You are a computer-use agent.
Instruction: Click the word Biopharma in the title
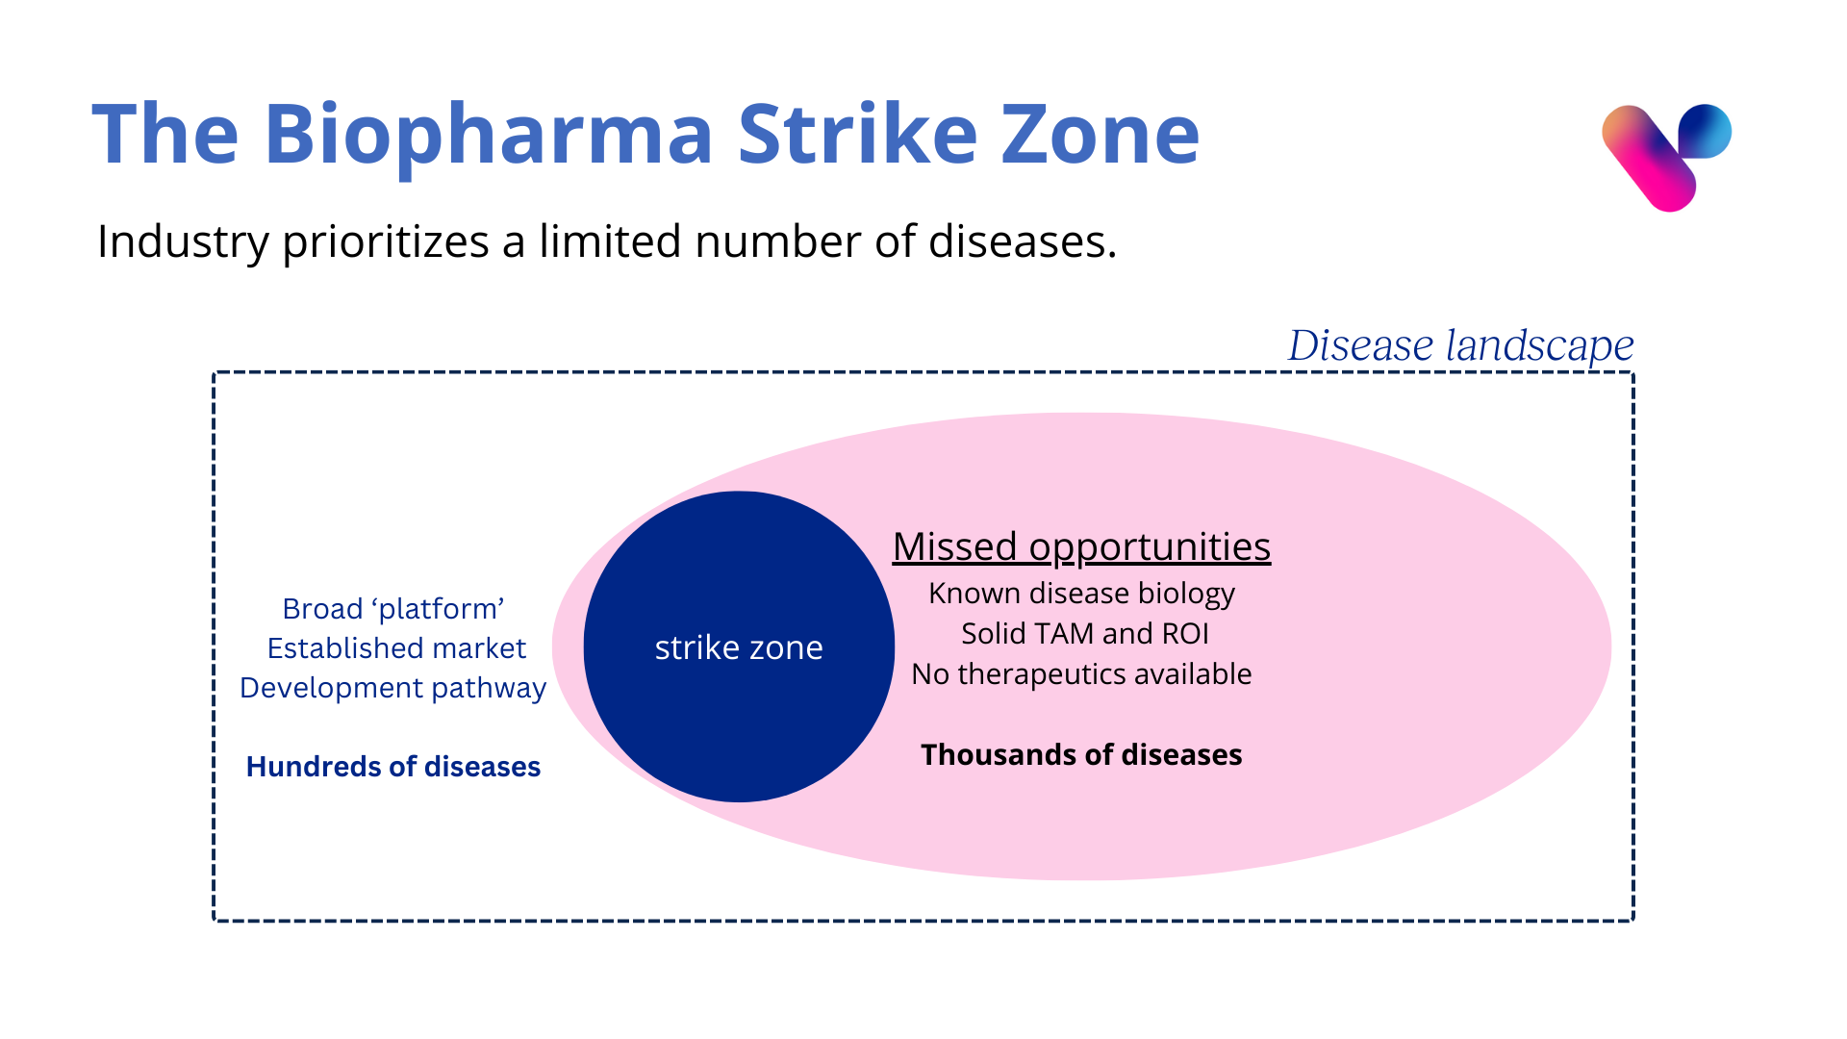pyautogui.click(x=488, y=136)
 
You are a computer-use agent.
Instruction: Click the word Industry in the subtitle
pyautogui.click(x=183, y=241)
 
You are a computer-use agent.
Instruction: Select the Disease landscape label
pyautogui.click(x=1461, y=345)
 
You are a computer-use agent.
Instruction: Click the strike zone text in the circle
pyautogui.click(x=739, y=647)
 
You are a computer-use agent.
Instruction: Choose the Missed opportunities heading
pyautogui.click(x=1081, y=546)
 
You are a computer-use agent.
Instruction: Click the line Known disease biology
pyautogui.click(x=1081, y=594)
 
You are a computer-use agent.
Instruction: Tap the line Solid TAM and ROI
pyautogui.click(x=1085, y=634)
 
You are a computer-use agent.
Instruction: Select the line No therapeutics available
pyautogui.click(x=1081, y=674)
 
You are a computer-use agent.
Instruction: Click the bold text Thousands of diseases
pyautogui.click(x=1081, y=755)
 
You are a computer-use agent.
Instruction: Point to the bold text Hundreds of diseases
pyautogui.click(x=393, y=767)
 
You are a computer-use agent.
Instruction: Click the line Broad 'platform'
pyautogui.click(x=393, y=609)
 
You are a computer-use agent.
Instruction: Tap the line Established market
pyautogui.click(x=396, y=648)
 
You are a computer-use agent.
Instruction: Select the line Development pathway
pyautogui.click(x=392, y=689)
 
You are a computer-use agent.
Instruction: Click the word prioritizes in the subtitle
pyautogui.click(x=386, y=242)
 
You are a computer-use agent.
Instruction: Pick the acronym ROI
pyautogui.click(x=1185, y=634)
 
